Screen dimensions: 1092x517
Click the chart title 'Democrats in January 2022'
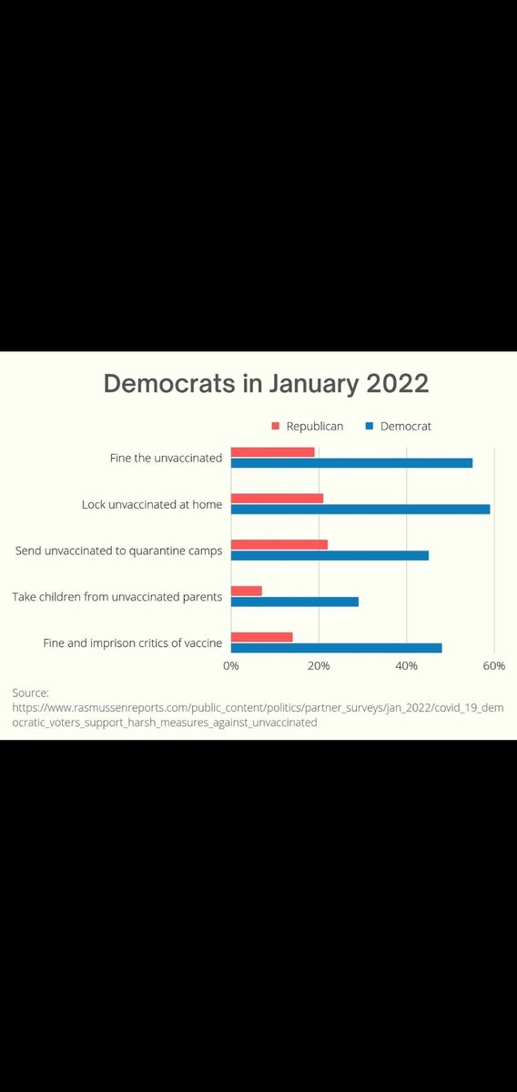pyautogui.click(x=266, y=383)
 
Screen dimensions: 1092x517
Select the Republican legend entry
pyautogui.click(x=309, y=426)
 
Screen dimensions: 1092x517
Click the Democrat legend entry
pyautogui.click(x=399, y=426)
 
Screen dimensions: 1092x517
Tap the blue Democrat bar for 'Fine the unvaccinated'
pyautogui.click(x=351, y=463)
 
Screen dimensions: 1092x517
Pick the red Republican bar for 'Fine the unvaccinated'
pyautogui.click(x=272, y=452)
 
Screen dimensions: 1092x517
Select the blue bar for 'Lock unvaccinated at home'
pyautogui.click(x=360, y=509)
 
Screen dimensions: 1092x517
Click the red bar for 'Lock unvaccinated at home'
pyautogui.click(x=277, y=498)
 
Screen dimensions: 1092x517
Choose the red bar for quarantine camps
pyautogui.click(x=279, y=544)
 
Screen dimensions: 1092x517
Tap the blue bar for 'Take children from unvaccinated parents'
pyautogui.click(x=294, y=602)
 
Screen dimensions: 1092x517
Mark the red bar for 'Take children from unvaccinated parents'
pyautogui.click(x=247, y=591)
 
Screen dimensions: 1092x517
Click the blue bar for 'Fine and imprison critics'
pyautogui.click(x=336, y=648)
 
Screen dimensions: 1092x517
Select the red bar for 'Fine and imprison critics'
pyautogui.click(x=261, y=637)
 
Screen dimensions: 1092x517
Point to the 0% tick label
pyautogui.click(x=231, y=666)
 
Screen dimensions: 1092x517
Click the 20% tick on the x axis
pyautogui.click(x=319, y=666)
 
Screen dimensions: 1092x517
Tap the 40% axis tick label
pyautogui.click(x=406, y=666)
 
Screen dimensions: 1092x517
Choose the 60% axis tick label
pyautogui.click(x=493, y=666)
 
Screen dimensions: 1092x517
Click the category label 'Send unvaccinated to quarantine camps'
pyautogui.click(x=119, y=551)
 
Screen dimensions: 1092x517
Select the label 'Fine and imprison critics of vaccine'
pyautogui.click(x=133, y=643)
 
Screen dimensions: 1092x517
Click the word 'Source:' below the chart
pyautogui.click(x=30, y=693)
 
